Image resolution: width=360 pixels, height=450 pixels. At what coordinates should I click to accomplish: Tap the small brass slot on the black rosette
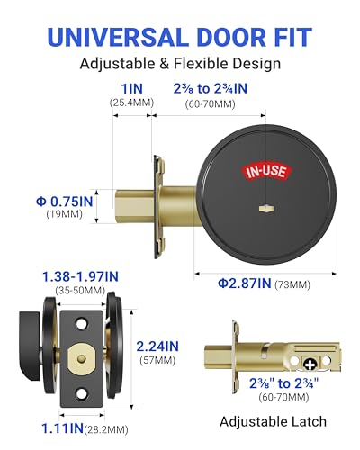265,208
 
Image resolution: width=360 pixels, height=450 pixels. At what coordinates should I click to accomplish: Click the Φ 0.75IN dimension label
64,202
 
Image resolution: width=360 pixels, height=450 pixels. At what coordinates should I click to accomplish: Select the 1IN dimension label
132,89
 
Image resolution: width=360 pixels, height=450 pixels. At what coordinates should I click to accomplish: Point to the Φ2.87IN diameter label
244,283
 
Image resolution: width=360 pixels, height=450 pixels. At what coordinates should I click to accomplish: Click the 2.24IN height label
157,346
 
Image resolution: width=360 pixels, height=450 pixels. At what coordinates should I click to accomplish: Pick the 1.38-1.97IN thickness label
80,276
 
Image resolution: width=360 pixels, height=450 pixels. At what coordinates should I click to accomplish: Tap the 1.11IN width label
62,428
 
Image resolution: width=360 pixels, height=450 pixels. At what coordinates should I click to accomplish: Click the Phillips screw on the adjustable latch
310,364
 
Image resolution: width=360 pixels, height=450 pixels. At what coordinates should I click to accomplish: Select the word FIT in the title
292,37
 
